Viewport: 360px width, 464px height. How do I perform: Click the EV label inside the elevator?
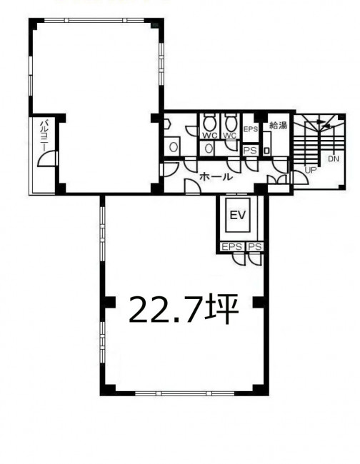pos(238,215)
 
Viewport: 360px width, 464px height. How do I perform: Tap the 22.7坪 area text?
pos(184,308)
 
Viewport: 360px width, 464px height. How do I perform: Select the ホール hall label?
pos(215,177)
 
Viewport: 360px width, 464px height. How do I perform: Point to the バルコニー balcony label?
pos(45,135)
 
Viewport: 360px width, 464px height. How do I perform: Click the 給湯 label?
pos(279,126)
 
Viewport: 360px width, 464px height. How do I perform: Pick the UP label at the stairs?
pos(311,170)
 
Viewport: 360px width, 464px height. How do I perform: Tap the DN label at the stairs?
pos(333,159)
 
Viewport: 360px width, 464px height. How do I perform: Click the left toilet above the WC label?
pos(210,123)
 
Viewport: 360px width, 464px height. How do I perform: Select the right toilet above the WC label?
pos(230,123)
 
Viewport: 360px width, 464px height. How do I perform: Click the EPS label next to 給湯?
pos(251,129)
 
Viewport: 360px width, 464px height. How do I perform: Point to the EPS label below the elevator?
pos(232,246)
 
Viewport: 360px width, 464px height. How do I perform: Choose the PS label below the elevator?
pos(254,246)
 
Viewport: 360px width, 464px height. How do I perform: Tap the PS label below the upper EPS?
pos(250,151)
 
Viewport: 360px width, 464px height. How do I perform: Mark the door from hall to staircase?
pos(299,178)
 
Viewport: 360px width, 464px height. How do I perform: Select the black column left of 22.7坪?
pos(109,302)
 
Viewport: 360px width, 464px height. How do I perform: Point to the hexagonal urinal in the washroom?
pos(167,123)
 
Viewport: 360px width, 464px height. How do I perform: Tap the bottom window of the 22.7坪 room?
pos(184,393)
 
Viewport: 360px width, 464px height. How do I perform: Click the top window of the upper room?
pos(94,21)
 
